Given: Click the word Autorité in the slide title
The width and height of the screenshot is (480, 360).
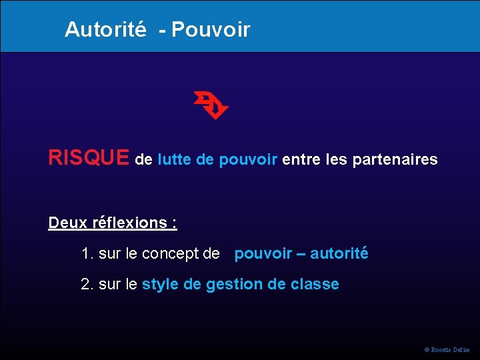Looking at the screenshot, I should [105, 29].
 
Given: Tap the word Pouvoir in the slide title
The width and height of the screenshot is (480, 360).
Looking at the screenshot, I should [211, 29].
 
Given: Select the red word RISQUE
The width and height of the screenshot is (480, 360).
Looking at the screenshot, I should [89, 158].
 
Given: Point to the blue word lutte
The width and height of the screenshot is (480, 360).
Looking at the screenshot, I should [175, 160].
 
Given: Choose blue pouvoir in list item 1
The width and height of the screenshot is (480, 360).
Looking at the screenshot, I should [263, 254].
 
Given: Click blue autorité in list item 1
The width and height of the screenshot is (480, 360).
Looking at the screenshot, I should [339, 253].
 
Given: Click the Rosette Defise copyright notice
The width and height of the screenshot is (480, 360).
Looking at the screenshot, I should [447, 349].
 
